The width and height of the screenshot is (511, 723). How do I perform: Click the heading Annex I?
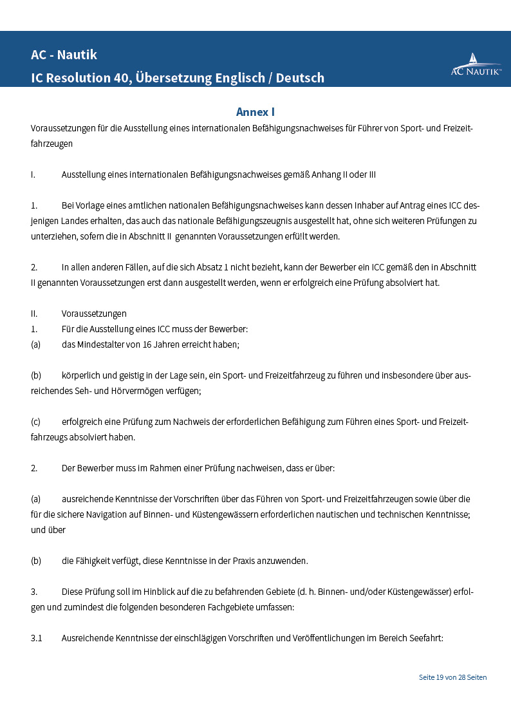pos(256,112)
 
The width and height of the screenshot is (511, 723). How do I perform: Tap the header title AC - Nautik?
pos(64,55)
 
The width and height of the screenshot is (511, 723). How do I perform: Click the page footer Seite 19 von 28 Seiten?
pos(452,677)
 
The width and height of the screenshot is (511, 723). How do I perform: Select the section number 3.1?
pos(36,638)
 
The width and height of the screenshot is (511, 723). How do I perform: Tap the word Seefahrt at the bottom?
pos(425,638)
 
